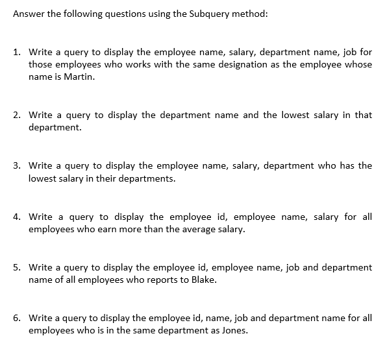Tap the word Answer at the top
coord(29,15)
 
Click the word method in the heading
coord(249,15)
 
